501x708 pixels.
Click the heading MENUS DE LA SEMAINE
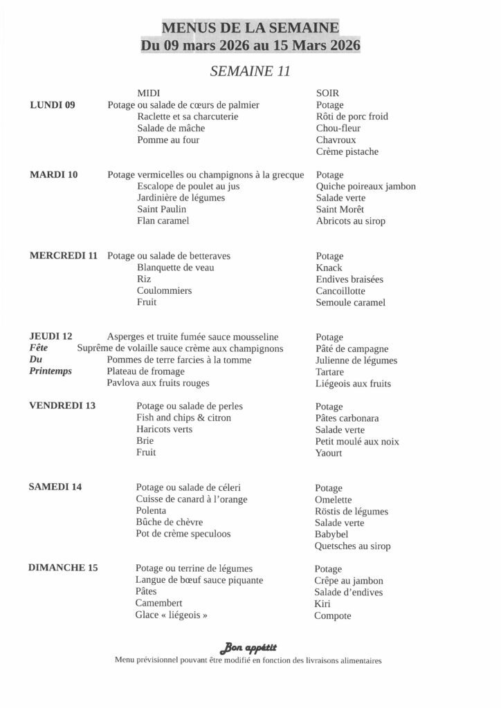tap(250, 28)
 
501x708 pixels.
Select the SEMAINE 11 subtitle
tap(250, 71)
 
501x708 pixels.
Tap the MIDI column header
tap(149, 93)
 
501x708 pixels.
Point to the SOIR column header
tap(327, 93)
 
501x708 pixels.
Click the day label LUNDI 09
tap(53, 105)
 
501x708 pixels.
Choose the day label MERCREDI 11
tap(64, 256)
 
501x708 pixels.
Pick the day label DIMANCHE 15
tap(63, 568)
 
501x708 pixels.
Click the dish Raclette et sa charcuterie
tap(188, 117)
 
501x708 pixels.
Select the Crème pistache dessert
tap(347, 151)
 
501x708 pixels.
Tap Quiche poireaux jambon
tap(366, 186)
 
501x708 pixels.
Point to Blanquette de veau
tap(176, 268)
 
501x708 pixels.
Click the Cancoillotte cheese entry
tap(345, 291)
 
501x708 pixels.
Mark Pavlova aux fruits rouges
tap(158, 383)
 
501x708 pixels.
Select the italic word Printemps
tap(51, 371)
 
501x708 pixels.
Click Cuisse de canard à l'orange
tap(192, 499)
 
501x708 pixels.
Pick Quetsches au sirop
tap(352, 546)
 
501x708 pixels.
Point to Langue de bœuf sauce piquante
tap(199, 580)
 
